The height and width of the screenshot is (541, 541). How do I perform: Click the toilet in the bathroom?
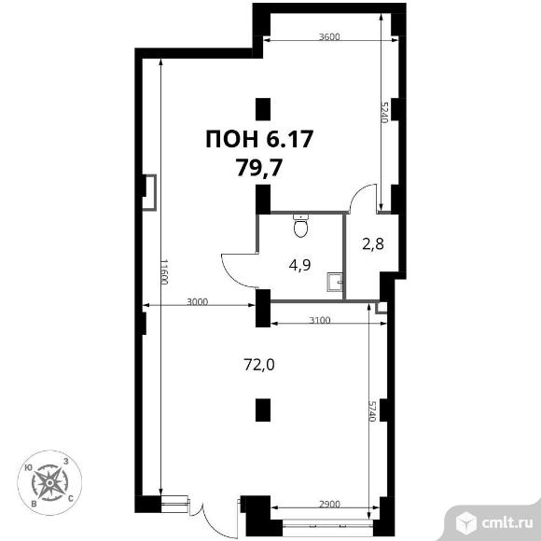tap(301, 226)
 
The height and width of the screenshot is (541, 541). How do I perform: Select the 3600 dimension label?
tap(329, 36)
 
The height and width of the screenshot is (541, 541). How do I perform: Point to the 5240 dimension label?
tap(385, 112)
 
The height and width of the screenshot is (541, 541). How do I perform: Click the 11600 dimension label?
tap(164, 271)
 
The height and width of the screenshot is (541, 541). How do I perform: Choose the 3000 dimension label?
tap(197, 302)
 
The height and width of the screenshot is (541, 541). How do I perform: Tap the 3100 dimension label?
tap(320, 320)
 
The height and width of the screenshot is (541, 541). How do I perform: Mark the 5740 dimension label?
tap(372, 411)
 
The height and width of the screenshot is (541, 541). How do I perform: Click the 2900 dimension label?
tap(329, 504)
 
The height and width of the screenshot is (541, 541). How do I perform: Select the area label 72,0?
tap(259, 365)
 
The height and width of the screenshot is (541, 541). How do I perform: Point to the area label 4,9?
tap(299, 265)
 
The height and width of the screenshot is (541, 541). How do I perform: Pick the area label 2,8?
tap(373, 244)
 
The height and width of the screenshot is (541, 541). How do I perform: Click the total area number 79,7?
tap(259, 169)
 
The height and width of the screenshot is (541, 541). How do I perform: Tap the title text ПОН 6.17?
tap(259, 139)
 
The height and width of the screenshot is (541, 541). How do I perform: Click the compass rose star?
tap(49, 482)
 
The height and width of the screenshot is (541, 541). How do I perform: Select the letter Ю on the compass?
tap(29, 467)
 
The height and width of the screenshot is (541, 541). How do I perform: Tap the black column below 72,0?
tap(263, 409)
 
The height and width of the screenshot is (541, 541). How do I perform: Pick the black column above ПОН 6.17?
tap(263, 109)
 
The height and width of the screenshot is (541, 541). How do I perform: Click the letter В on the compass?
tap(34, 504)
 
